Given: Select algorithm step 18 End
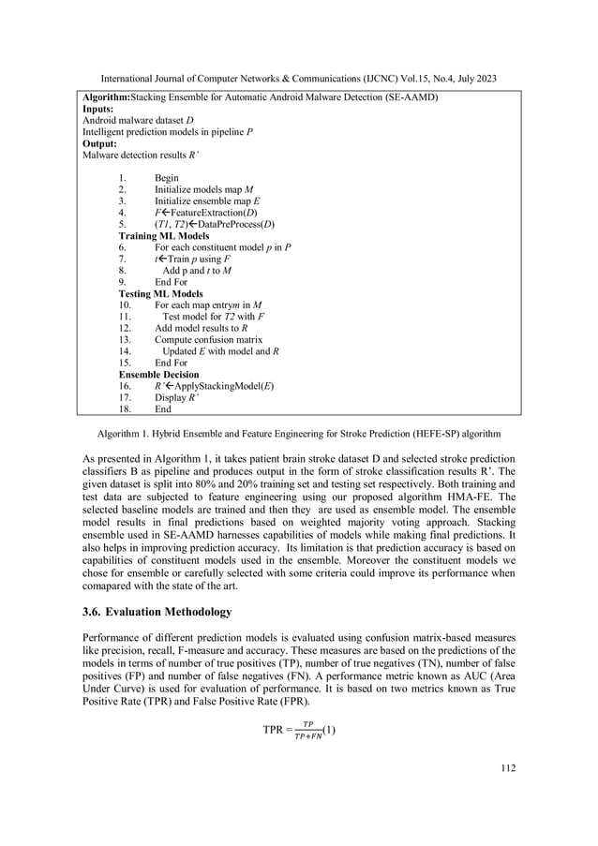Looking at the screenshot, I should (x=163, y=409).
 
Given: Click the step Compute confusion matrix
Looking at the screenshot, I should (x=208, y=339).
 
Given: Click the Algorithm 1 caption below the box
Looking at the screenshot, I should (x=299, y=435).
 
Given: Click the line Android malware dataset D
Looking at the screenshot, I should (x=139, y=121).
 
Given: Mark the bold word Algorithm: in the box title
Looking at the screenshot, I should (x=106, y=96).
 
